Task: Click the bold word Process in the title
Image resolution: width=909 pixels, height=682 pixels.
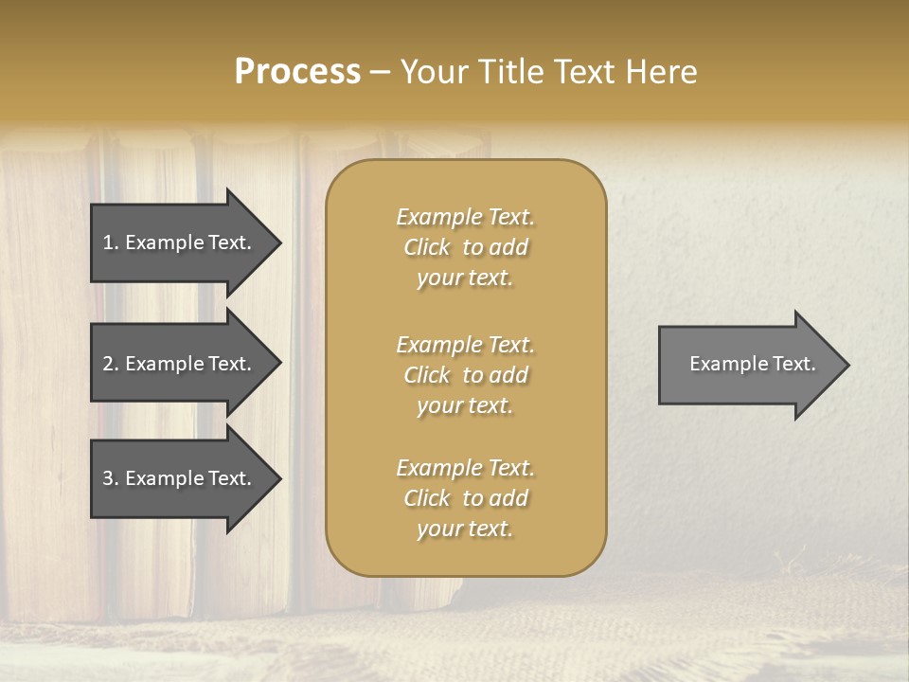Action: pos(297,72)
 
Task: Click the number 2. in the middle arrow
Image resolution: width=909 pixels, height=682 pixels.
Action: pos(111,364)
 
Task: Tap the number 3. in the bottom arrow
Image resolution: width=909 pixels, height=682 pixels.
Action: pos(111,478)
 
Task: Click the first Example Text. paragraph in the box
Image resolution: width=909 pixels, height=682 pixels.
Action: pos(465,247)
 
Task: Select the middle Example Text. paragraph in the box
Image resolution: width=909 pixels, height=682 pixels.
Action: pos(465,374)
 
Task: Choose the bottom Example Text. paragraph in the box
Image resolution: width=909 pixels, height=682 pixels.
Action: pos(465,498)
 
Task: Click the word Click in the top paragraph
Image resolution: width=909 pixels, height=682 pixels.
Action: pos(426,247)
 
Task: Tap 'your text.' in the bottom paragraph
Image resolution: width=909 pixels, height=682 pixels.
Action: pos(465,529)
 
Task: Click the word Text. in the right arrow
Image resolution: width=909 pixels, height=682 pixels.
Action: pos(793,364)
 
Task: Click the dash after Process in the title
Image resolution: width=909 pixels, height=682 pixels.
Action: pos(380,72)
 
